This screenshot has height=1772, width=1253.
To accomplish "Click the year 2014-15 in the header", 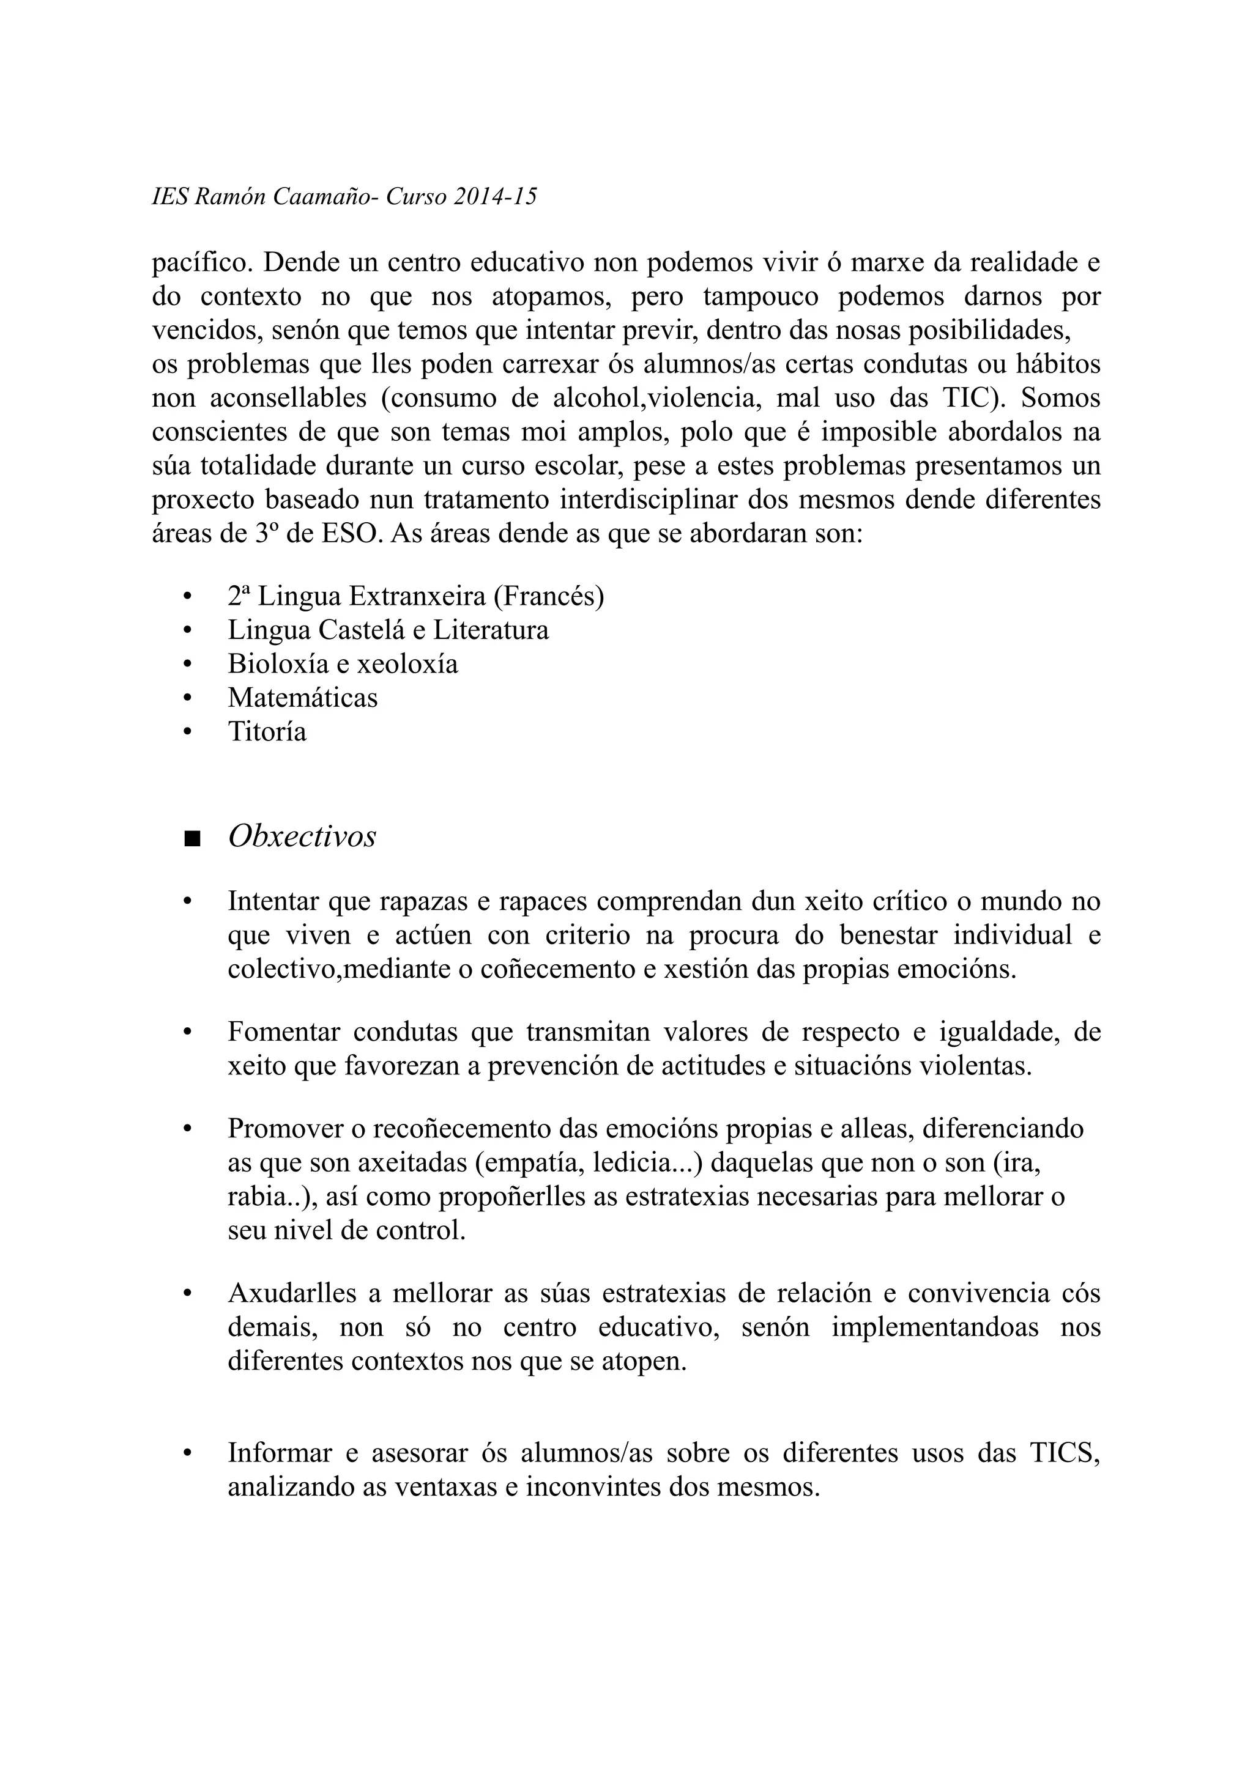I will pos(494,198).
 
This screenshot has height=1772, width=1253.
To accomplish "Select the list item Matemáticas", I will pos(303,698).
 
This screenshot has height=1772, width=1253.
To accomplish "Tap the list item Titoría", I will pos(267,732).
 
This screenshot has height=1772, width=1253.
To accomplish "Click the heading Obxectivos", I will pos(302,836).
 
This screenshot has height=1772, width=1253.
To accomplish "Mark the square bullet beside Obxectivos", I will pos(191,839).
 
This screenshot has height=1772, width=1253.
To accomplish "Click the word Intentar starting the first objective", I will pos(273,901).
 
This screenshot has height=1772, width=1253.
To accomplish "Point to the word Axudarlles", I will pos(292,1293).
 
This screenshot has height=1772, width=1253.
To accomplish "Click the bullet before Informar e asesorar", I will pos(186,1455).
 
